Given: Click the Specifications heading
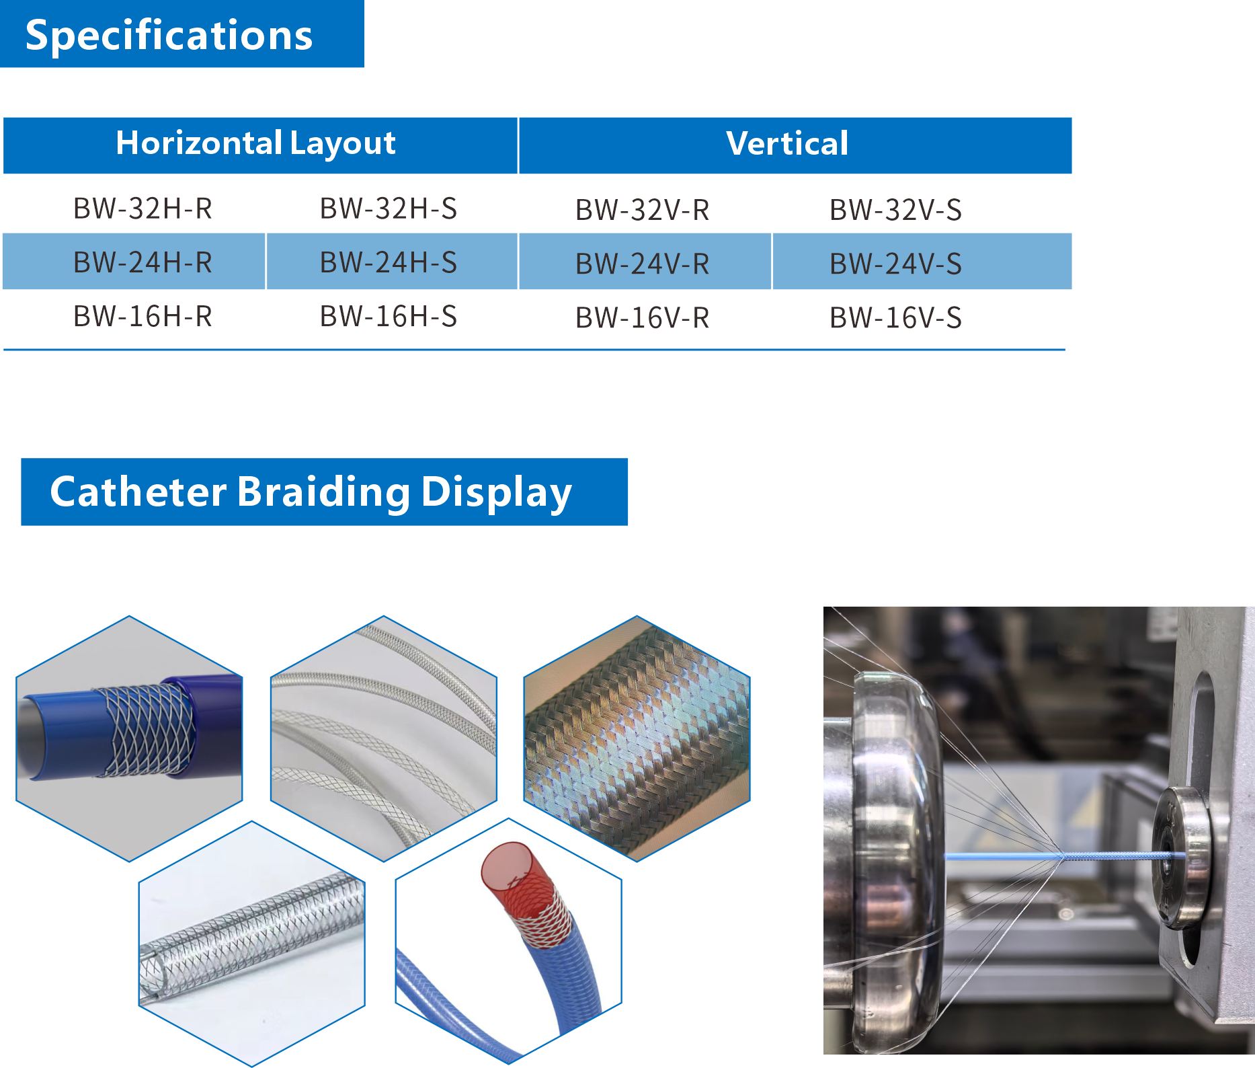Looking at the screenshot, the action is [169, 35].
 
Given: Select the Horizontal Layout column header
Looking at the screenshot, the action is [255, 143].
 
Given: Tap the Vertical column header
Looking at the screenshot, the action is [787, 143].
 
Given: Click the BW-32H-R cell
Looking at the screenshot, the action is [143, 208].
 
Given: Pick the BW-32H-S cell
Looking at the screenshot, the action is [389, 208].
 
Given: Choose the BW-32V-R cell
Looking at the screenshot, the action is [643, 210].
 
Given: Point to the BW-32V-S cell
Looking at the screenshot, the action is [895, 210].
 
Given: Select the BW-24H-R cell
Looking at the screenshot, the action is [143, 262].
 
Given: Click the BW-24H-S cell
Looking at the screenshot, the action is [389, 262].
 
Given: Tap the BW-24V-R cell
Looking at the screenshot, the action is [643, 264].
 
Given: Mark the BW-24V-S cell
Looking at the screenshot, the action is [895, 264].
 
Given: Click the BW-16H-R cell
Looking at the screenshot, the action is [143, 316].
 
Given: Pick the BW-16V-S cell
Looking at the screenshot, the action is [895, 317].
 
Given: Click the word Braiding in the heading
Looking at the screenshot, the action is [323, 492].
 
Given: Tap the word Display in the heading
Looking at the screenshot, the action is [497, 493].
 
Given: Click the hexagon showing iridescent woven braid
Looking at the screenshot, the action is [637, 738].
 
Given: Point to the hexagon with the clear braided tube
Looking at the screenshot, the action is [251, 943].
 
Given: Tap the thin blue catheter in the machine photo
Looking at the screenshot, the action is [1064, 856].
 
